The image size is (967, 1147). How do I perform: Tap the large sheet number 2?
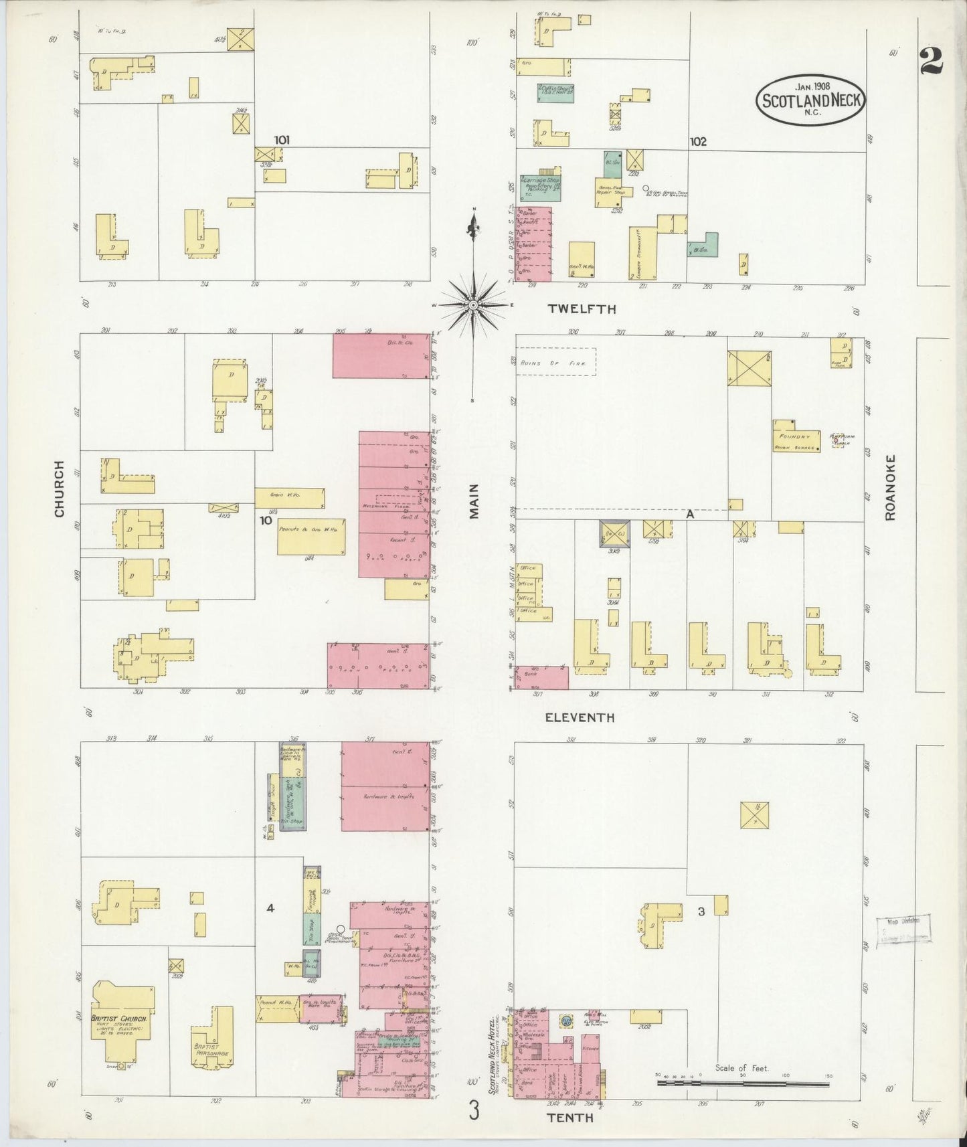tap(931, 62)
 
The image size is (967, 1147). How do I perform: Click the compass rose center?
tap(473, 305)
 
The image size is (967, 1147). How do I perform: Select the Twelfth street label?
tap(582, 309)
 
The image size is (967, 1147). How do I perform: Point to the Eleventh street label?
tap(579, 717)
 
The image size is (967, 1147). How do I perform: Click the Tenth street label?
tap(570, 1118)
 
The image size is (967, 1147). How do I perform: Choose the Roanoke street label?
tap(889, 487)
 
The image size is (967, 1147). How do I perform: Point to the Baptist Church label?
tap(119, 1019)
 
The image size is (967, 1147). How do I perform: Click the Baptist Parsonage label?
tap(212, 1049)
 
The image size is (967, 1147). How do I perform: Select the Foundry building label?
tap(796, 436)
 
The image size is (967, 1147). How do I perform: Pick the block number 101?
tap(282, 140)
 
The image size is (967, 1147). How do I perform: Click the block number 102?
tap(698, 142)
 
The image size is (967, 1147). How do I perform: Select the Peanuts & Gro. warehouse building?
tap(311, 536)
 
